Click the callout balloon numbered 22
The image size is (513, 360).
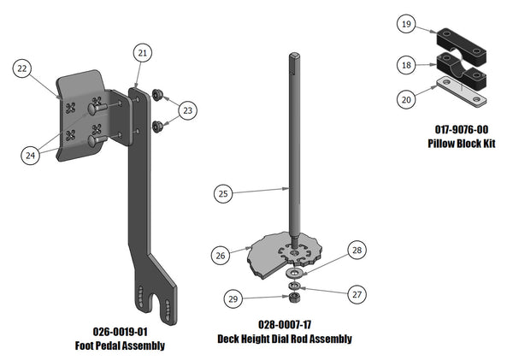tap(23, 68)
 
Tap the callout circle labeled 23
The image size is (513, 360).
tap(188, 109)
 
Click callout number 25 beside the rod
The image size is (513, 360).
tap(222, 194)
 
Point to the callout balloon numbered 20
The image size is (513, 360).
tap(408, 98)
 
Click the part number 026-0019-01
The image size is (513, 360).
tap(120, 332)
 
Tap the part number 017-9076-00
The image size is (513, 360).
tap(462, 129)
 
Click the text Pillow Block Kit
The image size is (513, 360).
tap(462, 143)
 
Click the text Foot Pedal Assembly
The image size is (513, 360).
tap(120, 345)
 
